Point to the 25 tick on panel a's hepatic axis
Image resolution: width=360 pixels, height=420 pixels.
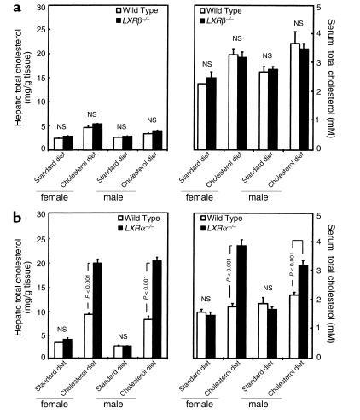click(44, 8)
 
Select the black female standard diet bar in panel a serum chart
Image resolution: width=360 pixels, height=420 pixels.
click(212, 113)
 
